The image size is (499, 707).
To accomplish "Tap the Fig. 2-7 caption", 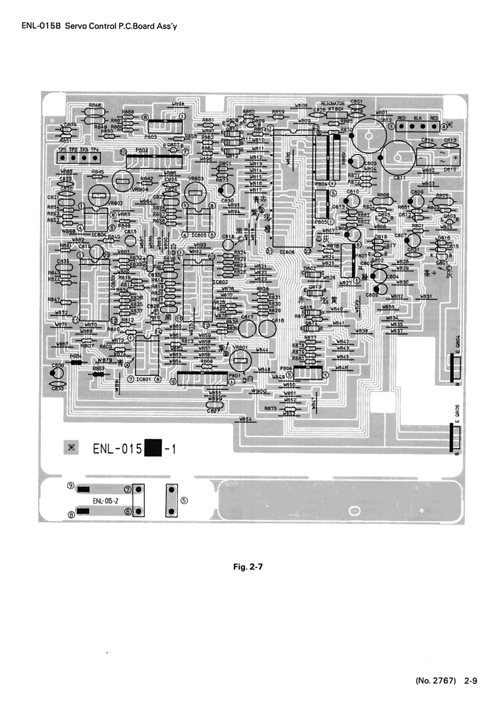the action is pos(248,567).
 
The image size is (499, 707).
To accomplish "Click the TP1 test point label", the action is pos(62,150).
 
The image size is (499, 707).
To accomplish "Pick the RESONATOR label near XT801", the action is pos(332,104).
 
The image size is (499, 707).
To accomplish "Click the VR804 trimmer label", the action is pos(140,189).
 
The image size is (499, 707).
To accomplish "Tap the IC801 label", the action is pos(144,379).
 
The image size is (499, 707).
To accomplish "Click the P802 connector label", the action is pos(142,150).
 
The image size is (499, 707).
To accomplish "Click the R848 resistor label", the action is pos(95,105).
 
